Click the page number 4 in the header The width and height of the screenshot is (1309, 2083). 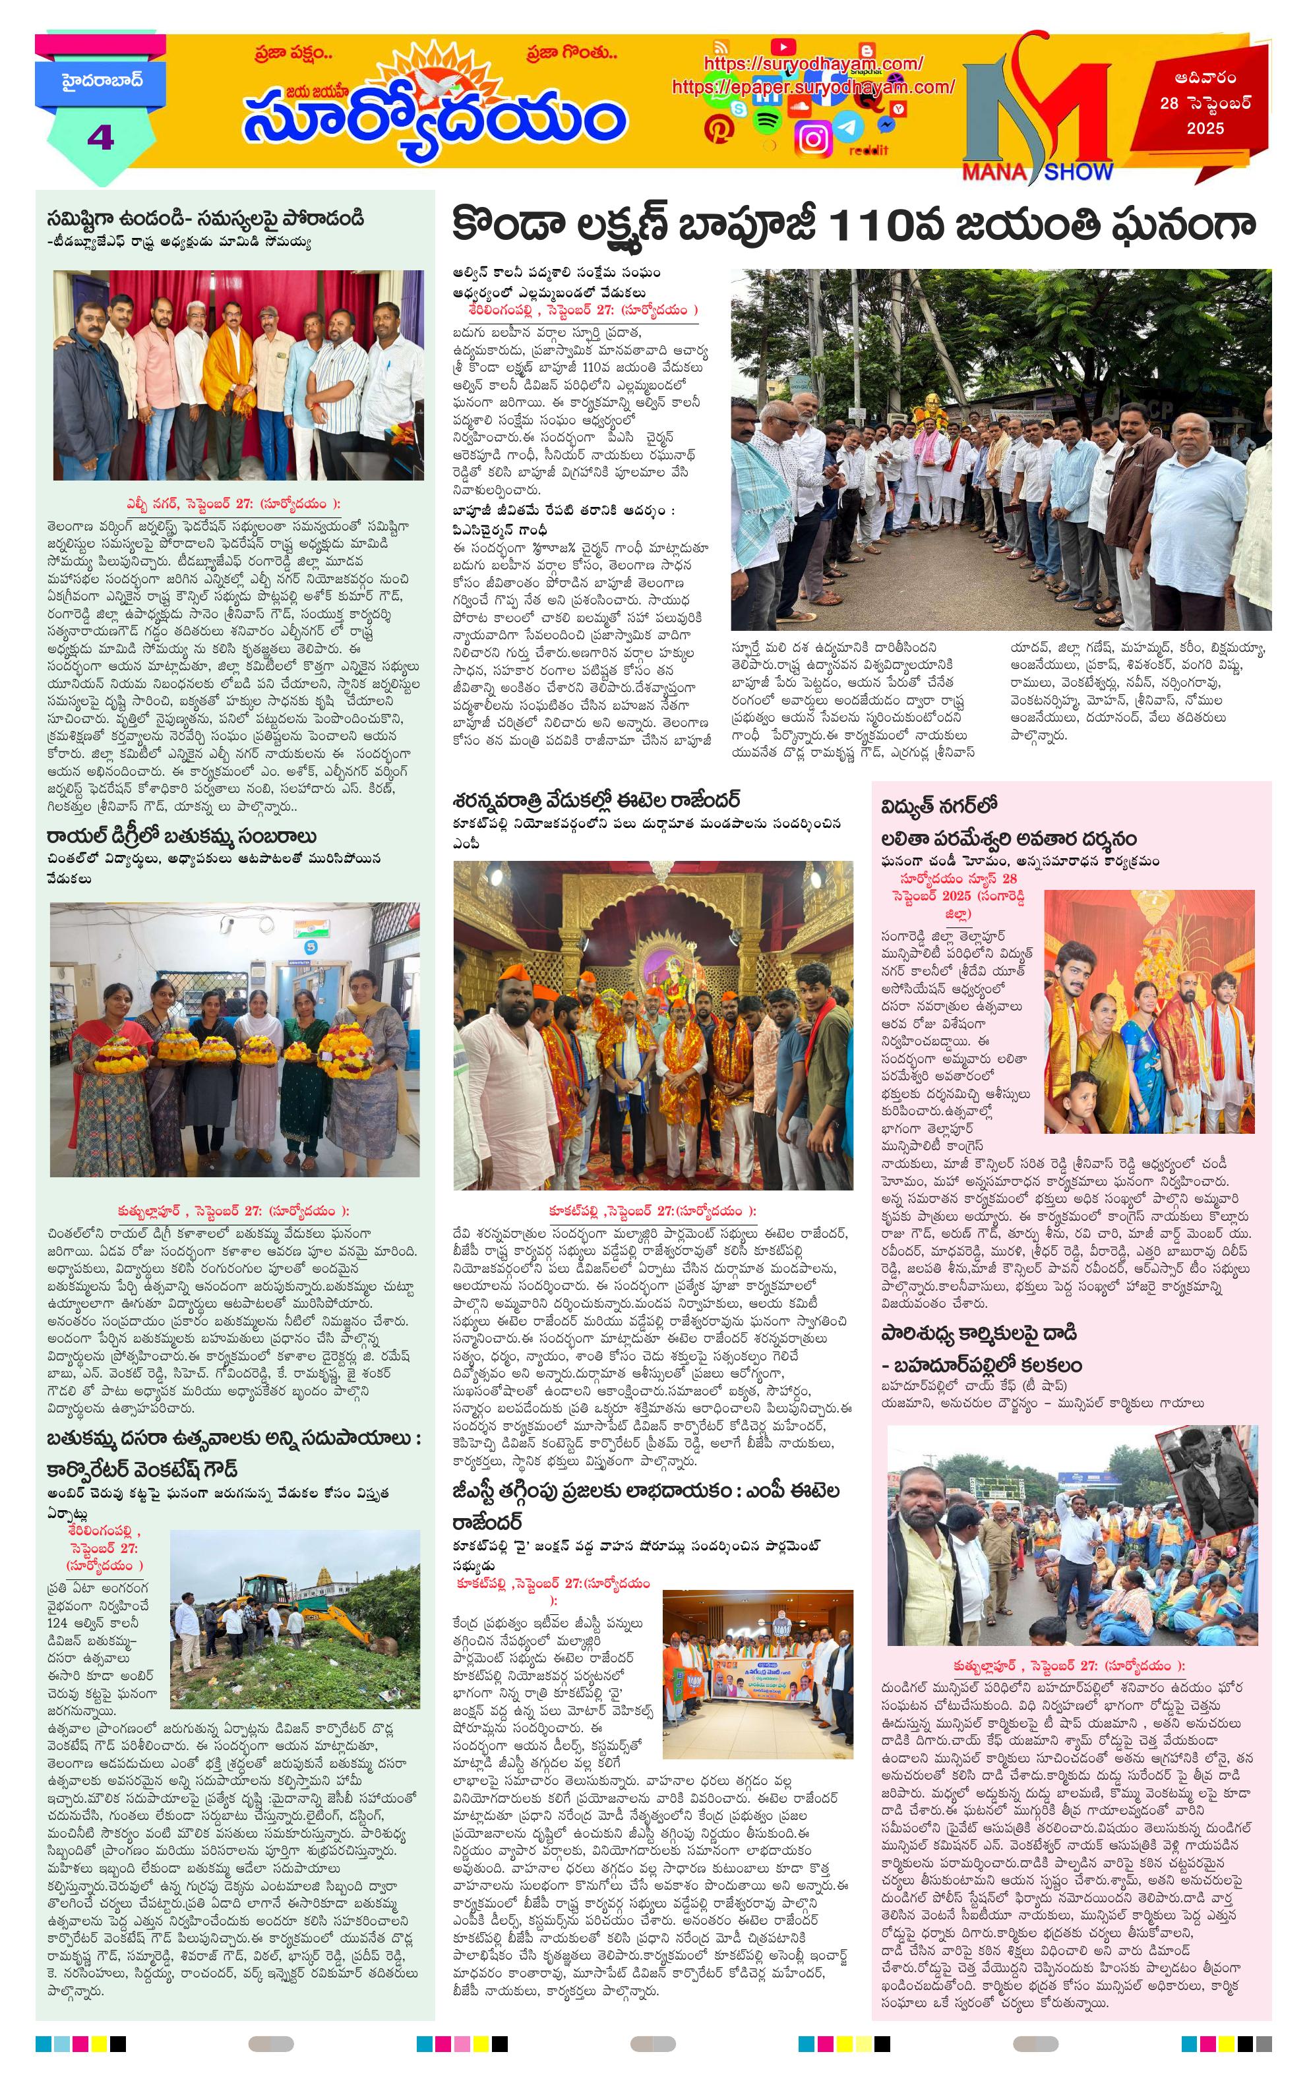[x=100, y=136]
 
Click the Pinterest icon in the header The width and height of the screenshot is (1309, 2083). [x=717, y=130]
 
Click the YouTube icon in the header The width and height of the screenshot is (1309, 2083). [x=782, y=47]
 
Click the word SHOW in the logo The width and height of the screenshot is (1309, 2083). [x=1078, y=172]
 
